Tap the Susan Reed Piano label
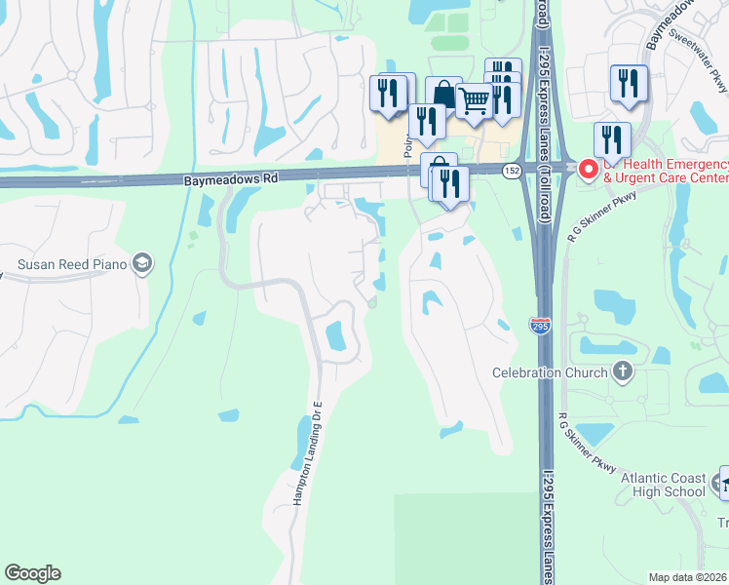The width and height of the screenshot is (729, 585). point(73,263)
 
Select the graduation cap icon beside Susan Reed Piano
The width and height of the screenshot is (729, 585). point(142,262)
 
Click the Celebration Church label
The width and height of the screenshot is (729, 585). point(549,372)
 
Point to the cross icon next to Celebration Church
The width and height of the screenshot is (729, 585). point(622,371)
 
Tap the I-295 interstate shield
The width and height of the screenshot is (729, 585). point(540,325)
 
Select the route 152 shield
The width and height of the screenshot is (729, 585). point(511,171)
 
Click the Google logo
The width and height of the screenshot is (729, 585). point(32,573)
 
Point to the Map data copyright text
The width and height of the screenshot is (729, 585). point(688,577)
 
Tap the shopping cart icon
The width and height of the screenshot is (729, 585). point(474,99)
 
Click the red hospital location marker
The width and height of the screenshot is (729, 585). point(589,169)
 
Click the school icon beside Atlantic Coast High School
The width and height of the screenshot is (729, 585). point(724,483)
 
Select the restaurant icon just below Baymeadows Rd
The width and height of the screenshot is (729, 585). point(449,183)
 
